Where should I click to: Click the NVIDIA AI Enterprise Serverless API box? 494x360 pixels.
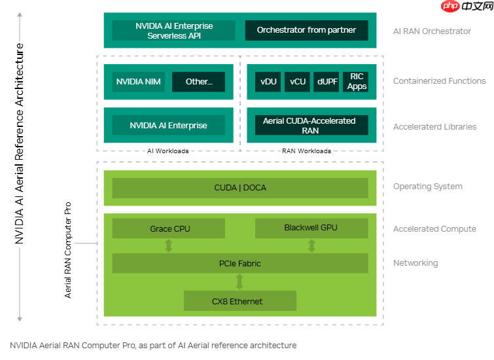click(x=174, y=31)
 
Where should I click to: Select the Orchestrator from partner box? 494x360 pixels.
click(x=306, y=30)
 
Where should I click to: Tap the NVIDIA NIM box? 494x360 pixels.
click(x=139, y=82)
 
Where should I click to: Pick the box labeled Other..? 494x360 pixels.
click(x=198, y=82)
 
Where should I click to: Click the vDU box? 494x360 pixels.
click(x=268, y=82)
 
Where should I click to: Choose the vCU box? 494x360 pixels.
click(x=298, y=82)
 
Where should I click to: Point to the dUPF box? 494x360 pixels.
click(x=327, y=82)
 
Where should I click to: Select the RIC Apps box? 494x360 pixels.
click(x=357, y=82)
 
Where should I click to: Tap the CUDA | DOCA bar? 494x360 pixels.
click(x=240, y=188)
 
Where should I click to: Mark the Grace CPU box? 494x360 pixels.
click(x=169, y=228)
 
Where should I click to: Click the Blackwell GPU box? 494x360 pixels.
click(x=311, y=228)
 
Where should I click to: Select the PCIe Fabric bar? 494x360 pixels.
click(x=240, y=263)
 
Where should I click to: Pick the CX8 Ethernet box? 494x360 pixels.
click(x=240, y=301)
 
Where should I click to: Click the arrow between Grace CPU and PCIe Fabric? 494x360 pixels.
click(x=169, y=245)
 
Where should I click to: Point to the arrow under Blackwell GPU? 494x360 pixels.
click(x=311, y=245)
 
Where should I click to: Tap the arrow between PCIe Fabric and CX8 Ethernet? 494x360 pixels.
click(x=239, y=281)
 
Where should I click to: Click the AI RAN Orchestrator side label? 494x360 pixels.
click(x=432, y=31)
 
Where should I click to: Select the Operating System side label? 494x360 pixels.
click(x=427, y=187)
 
